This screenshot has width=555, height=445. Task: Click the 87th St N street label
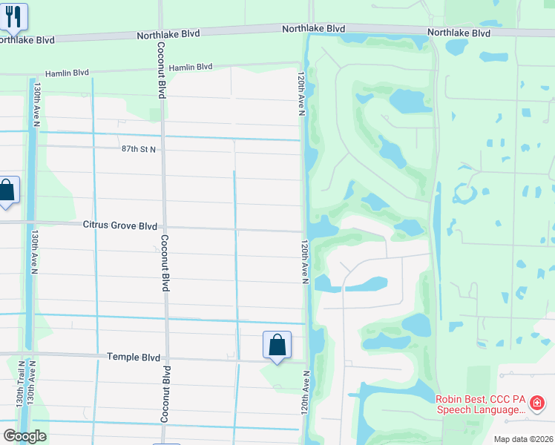[139, 149]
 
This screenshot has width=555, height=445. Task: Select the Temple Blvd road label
[134, 357]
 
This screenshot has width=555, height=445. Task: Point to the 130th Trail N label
[20, 402]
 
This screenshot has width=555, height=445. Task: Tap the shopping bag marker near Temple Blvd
[277, 345]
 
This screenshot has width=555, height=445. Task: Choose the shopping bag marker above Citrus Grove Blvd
[7, 191]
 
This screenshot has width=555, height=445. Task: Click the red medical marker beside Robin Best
[537, 404]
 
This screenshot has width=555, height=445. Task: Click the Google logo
[24, 436]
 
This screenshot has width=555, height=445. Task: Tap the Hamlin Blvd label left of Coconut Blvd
[67, 73]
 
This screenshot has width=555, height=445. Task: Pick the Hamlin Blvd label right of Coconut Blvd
[191, 67]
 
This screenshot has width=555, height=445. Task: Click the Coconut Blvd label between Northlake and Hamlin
[161, 69]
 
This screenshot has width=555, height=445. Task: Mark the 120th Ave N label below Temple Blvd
[305, 407]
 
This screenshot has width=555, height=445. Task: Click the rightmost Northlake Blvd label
[459, 33]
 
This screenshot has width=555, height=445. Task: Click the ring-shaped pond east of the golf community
[465, 194]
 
